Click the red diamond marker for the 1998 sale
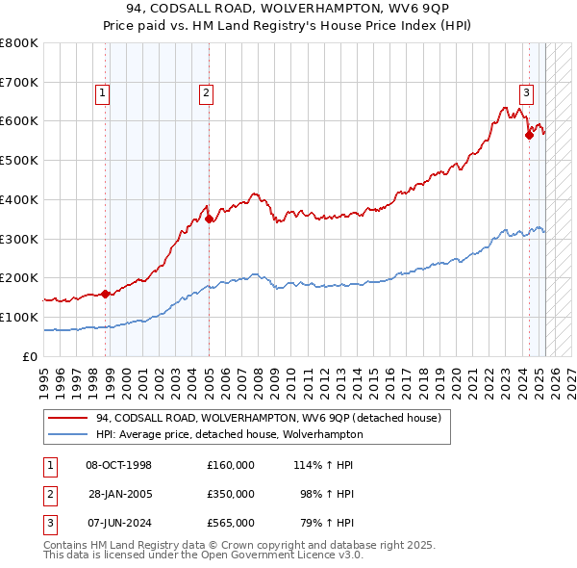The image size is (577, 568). [105, 294]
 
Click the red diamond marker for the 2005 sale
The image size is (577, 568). [209, 219]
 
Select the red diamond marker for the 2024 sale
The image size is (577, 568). [529, 136]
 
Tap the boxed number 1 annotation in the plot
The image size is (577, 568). [102, 93]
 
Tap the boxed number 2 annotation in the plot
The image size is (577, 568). [206, 93]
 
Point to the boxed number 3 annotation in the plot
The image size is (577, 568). [527, 93]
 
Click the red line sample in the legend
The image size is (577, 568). [68, 418]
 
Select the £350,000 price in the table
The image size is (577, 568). [230, 494]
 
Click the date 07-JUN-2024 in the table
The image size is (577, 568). [119, 523]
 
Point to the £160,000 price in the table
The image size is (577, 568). [230, 465]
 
